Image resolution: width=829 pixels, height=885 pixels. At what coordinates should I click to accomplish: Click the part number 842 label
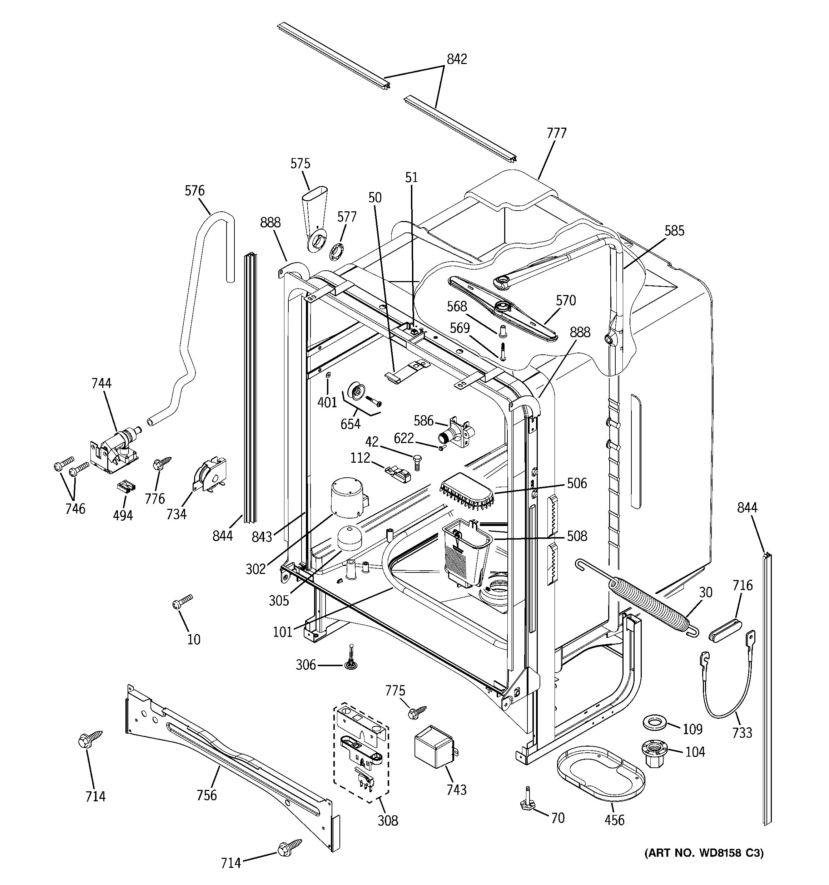pos(457,59)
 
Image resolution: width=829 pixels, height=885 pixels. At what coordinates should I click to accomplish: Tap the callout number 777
pos(556,133)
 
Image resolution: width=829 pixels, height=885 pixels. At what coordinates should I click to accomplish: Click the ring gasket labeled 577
pos(337,252)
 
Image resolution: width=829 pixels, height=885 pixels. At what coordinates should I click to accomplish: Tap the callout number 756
pos(207,795)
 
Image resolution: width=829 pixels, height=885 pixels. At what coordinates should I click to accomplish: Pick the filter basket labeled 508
pos(466,555)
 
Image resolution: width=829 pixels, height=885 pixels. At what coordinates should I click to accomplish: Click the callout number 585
pos(674,231)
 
